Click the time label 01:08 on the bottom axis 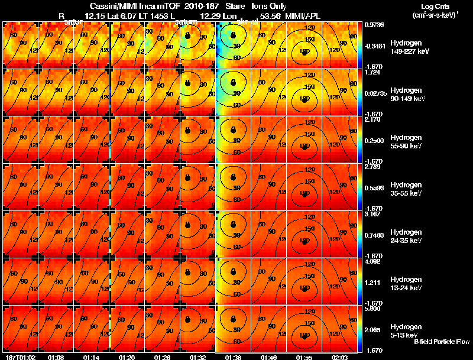[x=56, y=357]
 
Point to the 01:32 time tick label [x=197, y=357]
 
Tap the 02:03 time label [x=339, y=357]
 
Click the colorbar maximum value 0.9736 [x=374, y=24]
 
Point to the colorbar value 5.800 [x=374, y=309]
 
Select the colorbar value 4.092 [x=374, y=261]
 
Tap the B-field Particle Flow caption [x=441, y=342]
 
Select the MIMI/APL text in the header [x=303, y=15]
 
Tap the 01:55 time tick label [x=304, y=357]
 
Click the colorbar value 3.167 [x=374, y=214]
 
